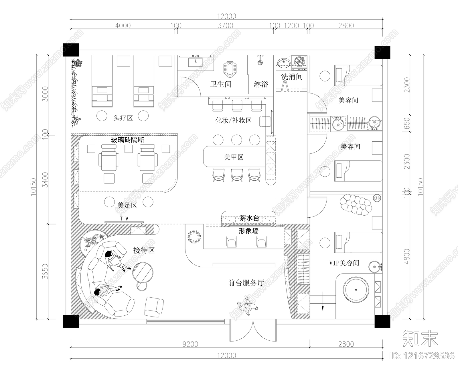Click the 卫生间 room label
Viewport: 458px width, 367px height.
220,84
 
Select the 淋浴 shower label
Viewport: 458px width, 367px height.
261,84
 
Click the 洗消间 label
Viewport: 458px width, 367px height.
291,77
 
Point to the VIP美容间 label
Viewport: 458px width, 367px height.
348,263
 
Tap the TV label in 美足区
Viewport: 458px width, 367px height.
124,219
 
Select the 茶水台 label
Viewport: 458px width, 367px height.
249,218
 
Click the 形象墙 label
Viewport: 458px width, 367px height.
248,231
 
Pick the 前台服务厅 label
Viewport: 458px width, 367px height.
246,283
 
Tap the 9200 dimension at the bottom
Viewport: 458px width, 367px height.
190,344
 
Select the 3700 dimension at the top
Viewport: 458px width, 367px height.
225,26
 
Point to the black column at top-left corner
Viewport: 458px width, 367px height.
71,50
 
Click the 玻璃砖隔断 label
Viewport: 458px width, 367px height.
127,140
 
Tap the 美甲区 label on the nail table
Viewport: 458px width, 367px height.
233,157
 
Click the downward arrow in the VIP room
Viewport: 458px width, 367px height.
322,307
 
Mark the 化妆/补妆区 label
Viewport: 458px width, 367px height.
233,120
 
